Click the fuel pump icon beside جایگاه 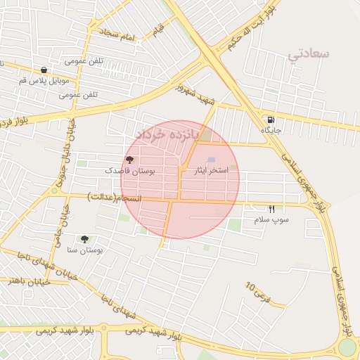click(x=271, y=120)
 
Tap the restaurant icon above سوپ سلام click(x=272, y=209)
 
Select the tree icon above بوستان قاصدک click(x=129, y=160)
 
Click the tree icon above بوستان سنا click(x=85, y=240)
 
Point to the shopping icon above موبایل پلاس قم click(x=44, y=70)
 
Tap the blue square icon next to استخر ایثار click(x=212, y=160)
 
